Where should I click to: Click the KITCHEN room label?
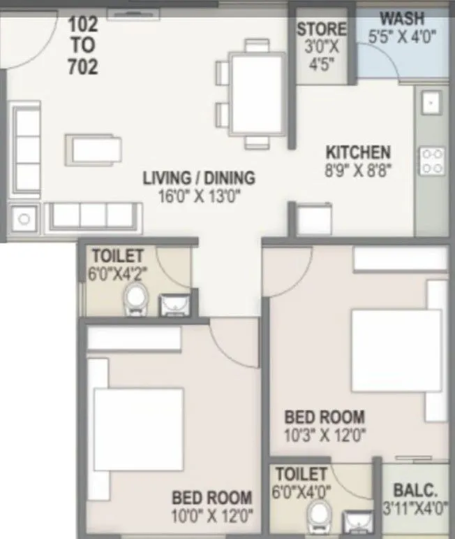(358, 152)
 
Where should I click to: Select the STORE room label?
(321, 29)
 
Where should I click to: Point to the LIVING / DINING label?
(199, 178)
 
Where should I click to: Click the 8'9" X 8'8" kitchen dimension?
(358, 170)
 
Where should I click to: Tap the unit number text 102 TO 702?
(83, 45)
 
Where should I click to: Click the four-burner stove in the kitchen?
(431, 160)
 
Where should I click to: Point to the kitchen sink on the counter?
(430, 103)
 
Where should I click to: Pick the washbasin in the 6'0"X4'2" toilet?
(172, 304)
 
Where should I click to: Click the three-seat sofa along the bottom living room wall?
(94, 216)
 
